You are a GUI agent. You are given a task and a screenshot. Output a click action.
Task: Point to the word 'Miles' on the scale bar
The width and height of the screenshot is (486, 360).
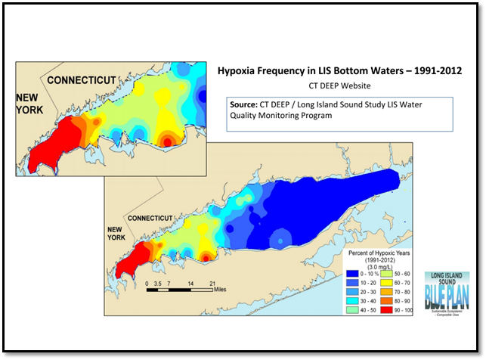click(x=219, y=288)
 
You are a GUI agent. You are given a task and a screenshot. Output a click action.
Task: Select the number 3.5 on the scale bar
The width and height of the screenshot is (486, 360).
click(x=158, y=281)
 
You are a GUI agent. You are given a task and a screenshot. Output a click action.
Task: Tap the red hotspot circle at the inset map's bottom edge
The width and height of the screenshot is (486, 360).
click(x=166, y=141)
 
